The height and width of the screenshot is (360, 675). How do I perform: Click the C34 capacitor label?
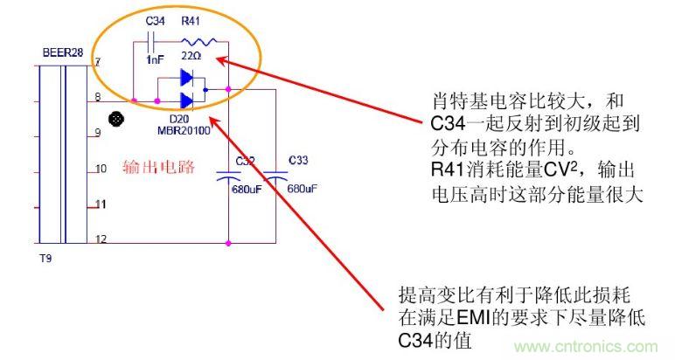pos(156,20)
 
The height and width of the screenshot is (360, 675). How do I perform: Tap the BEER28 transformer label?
pos(62,52)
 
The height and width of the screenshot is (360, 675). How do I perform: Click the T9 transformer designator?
pos(49,259)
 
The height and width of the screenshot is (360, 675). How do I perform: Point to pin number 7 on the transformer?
pos(98,62)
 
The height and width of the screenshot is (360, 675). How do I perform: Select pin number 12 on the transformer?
pos(101,239)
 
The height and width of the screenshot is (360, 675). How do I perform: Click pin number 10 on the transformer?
pos(101,168)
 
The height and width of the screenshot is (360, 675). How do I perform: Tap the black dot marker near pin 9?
pos(113,119)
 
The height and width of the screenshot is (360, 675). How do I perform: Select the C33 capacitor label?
pos(299,161)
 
